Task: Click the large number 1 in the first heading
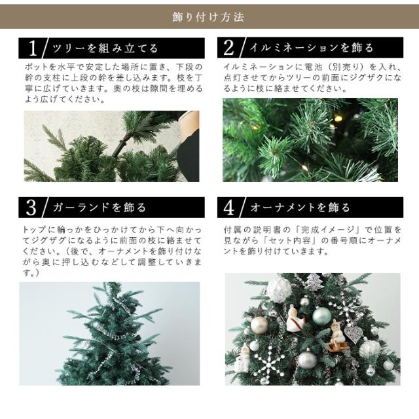(33, 48)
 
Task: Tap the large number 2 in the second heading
(228, 48)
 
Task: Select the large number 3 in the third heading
(31, 208)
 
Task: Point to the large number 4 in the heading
(228, 208)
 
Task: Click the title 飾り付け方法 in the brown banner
(208, 17)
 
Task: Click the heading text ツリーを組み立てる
(105, 48)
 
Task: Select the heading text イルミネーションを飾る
(312, 48)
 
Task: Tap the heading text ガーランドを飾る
(99, 208)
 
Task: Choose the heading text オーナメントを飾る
(300, 208)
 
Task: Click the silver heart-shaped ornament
(352, 334)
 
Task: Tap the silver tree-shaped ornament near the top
(314, 282)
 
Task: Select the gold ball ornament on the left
(259, 325)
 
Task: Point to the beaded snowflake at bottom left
(268, 366)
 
